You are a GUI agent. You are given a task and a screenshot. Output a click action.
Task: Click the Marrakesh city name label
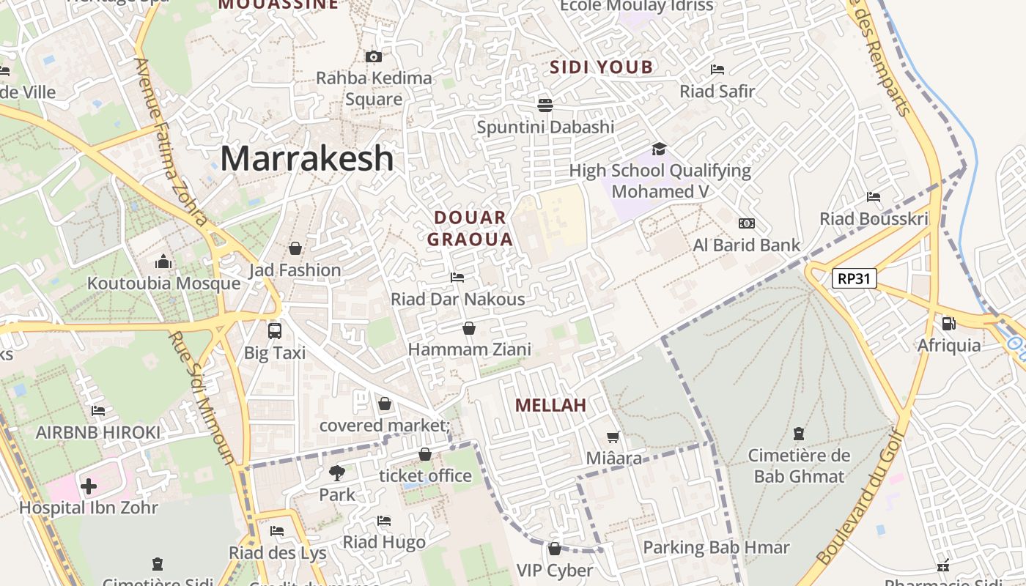(306, 158)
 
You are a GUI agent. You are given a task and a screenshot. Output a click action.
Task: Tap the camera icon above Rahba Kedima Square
(373, 56)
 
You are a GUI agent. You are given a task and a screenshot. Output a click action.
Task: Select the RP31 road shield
(855, 278)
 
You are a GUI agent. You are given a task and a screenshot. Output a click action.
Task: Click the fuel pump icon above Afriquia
(948, 322)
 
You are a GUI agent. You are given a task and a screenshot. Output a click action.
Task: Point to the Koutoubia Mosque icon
(163, 262)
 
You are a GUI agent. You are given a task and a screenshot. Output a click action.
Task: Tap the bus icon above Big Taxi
(274, 330)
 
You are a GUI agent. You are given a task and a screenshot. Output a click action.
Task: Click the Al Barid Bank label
(746, 245)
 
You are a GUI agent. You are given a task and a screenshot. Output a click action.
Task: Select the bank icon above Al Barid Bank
(746, 223)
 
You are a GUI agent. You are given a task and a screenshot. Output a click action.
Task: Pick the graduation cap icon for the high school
(659, 149)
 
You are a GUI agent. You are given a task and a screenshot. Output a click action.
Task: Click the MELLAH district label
(550, 405)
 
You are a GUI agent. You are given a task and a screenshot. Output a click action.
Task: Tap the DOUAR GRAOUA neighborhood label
(470, 228)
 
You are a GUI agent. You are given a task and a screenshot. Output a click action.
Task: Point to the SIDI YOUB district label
(601, 68)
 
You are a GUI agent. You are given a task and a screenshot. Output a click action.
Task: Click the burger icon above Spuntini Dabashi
(545, 105)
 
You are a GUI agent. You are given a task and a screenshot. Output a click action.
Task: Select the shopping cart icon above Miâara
(613, 437)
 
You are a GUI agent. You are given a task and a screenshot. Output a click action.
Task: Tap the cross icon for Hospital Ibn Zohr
(89, 486)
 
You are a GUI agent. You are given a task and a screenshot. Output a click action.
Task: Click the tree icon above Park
(336, 472)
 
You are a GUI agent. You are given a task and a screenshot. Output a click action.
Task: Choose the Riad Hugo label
(384, 542)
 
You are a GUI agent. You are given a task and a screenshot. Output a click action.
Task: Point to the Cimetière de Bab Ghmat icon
(798, 433)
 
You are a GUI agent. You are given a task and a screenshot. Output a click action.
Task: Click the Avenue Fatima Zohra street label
(170, 139)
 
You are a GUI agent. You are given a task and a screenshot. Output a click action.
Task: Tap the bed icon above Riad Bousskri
(873, 196)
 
